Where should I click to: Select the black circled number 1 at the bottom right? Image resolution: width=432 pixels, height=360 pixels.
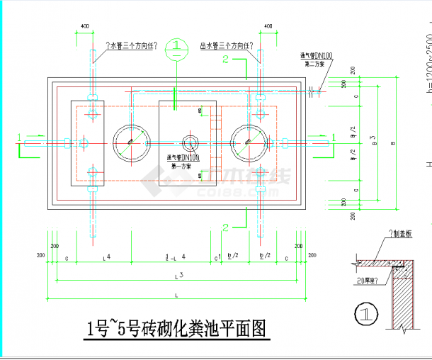363,313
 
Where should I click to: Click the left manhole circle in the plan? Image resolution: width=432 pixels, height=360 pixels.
130,144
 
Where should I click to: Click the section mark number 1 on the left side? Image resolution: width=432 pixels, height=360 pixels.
19,135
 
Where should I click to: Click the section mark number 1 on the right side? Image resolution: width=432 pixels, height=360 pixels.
333,135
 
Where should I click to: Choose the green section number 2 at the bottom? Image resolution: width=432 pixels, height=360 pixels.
225,227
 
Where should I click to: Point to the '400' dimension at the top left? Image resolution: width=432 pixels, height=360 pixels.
85,27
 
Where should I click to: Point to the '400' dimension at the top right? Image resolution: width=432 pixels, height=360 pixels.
267,27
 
